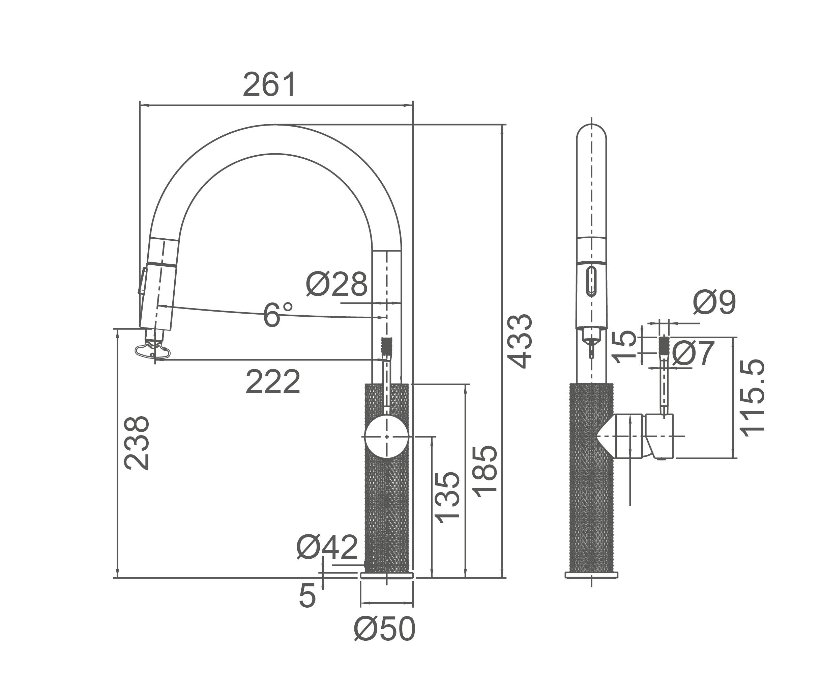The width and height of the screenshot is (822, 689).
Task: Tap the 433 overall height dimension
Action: point(520,341)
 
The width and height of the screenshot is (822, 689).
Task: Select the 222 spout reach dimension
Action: point(273,382)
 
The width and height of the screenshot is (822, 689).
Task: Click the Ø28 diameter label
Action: point(336,284)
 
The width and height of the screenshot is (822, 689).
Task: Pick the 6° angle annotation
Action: point(277,314)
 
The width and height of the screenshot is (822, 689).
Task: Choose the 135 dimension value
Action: point(447,498)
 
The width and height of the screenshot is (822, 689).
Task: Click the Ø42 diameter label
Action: point(327,548)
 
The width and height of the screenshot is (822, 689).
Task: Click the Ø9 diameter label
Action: point(715,302)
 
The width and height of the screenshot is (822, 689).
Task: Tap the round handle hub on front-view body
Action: point(386,436)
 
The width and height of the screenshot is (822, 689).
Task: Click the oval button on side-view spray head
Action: point(591,281)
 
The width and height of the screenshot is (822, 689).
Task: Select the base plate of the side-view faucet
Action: point(591,575)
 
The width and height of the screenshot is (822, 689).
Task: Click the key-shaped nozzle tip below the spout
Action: point(153,351)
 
